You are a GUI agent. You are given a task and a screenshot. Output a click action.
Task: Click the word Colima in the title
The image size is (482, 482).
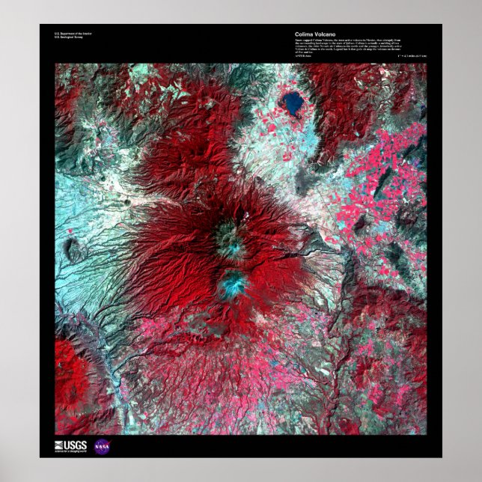pyautogui.click(x=304, y=34)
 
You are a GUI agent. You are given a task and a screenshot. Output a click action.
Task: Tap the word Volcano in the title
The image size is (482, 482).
pyautogui.click(x=323, y=34)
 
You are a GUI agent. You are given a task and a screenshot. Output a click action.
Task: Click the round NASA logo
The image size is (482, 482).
pyautogui.click(x=102, y=446)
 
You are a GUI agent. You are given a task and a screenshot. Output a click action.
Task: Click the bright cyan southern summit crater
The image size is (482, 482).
pyautogui.click(x=233, y=282)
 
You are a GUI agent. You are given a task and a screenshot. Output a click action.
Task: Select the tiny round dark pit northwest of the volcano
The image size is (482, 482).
pyautogui.click(x=127, y=202)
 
